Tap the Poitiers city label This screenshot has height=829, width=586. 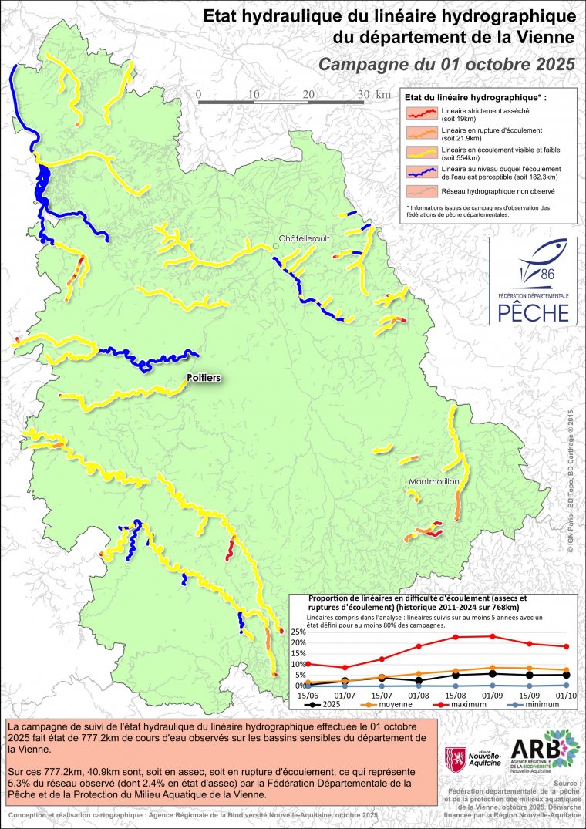[x=204, y=378]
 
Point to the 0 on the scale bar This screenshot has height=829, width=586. [x=199, y=94]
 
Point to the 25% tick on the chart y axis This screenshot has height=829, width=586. [x=298, y=632]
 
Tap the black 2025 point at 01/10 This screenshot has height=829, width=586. [x=566, y=675]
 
